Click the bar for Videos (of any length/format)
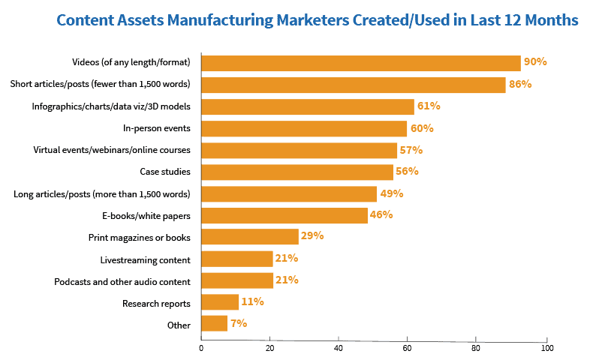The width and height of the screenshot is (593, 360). (x=360, y=63)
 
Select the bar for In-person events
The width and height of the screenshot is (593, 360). (x=304, y=128)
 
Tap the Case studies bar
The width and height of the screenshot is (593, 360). (x=297, y=172)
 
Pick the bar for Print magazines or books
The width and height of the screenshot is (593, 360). (x=250, y=237)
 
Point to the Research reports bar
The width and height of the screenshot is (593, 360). (x=220, y=302)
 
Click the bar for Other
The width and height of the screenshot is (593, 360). (x=214, y=324)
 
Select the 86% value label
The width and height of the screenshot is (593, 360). (x=520, y=84)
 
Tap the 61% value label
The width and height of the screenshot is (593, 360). (x=429, y=106)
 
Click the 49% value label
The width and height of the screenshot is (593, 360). (x=391, y=193)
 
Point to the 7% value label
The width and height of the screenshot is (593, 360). (x=239, y=324)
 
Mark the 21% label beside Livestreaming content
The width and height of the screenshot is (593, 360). (x=287, y=259)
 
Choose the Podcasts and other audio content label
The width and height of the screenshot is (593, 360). (x=122, y=281)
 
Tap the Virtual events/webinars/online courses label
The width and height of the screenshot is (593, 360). (x=112, y=150)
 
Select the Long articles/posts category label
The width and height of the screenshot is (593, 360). (x=102, y=194)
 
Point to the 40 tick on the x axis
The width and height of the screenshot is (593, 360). (x=339, y=349)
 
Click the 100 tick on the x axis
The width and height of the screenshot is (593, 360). (x=547, y=349)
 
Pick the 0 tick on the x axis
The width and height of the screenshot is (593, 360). (x=201, y=349)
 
